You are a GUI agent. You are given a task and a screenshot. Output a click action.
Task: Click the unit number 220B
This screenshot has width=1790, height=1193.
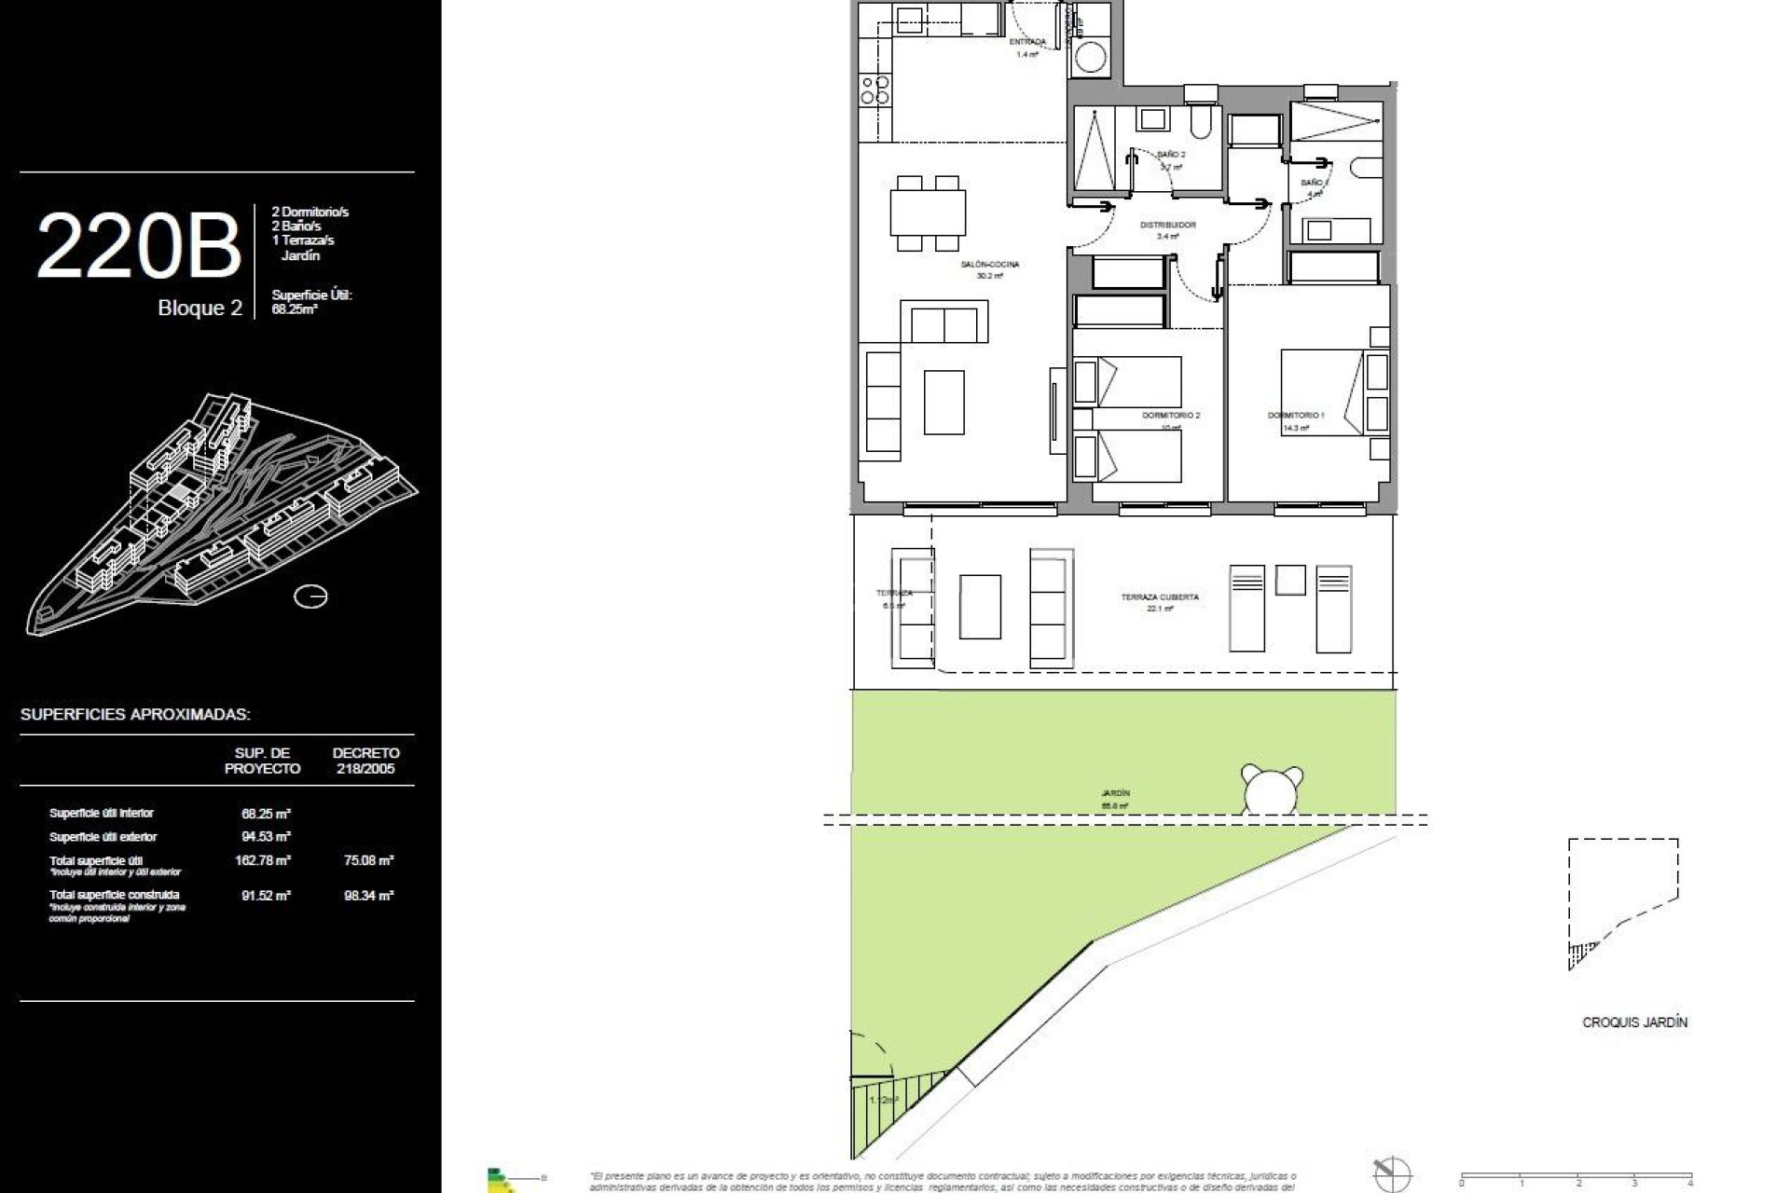coord(139,246)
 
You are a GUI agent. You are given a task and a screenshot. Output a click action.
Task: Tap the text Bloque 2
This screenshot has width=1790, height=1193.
coord(200,309)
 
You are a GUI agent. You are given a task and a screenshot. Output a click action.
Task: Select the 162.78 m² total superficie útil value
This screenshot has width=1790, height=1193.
coord(263,860)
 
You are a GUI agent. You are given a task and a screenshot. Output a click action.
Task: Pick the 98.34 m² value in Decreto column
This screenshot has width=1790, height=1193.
coord(368,896)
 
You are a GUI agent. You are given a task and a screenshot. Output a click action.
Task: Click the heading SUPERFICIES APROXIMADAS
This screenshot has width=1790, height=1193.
coord(135,715)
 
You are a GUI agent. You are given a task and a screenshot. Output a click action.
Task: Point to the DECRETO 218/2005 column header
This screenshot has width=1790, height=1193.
coord(365,761)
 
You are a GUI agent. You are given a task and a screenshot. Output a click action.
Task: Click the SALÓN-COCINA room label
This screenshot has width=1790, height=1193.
coord(989,265)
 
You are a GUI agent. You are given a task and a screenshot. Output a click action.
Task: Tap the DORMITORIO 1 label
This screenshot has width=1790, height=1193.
coord(1295,416)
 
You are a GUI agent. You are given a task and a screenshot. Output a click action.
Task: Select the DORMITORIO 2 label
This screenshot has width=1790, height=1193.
coord(1171,416)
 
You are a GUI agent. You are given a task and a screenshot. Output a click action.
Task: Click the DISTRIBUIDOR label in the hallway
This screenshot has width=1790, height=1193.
coord(1167,226)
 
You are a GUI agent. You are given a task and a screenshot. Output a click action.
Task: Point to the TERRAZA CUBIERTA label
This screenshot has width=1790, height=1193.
coord(1160,597)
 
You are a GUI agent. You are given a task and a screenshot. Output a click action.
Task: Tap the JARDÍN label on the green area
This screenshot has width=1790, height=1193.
coord(1115,793)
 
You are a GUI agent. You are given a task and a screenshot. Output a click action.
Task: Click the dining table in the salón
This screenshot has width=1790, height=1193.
coord(927,213)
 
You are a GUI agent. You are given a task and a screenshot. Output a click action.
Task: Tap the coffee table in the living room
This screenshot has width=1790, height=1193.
coord(943,402)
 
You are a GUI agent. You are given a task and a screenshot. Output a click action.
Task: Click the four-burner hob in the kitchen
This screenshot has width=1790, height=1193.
coord(874,90)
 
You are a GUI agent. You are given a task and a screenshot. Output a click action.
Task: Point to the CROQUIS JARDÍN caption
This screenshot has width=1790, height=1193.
coord(1634,1022)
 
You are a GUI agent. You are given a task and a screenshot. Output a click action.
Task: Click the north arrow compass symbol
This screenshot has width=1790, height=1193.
coord(1393,1173)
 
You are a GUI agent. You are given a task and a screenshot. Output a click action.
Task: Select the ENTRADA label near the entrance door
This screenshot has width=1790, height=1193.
coord(1026,42)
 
